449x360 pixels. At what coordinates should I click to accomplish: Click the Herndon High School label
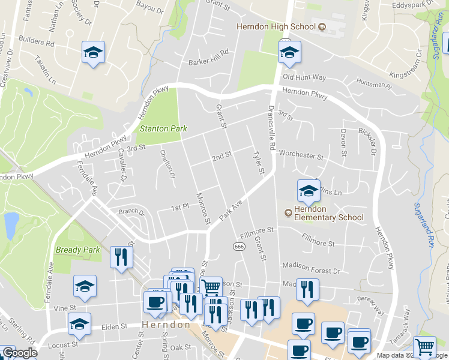[276, 26]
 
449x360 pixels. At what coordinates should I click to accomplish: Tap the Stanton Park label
[163, 128]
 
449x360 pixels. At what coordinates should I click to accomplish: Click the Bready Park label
[77, 250]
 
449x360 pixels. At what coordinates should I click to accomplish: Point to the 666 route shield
[238, 247]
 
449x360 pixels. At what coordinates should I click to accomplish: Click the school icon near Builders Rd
[93, 52]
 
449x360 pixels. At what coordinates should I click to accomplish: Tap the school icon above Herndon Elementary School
[309, 191]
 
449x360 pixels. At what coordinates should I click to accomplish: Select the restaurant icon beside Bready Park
[121, 257]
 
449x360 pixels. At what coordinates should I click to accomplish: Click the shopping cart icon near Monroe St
[211, 287]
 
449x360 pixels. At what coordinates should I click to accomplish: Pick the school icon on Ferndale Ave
[85, 287]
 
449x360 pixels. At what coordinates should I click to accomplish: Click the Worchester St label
[301, 155]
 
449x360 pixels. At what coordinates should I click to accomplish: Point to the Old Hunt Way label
[304, 77]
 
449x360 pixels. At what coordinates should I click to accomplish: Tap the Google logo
[20, 353]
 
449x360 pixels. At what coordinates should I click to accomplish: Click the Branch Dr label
[131, 212]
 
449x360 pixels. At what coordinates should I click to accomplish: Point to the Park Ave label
[230, 209]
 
